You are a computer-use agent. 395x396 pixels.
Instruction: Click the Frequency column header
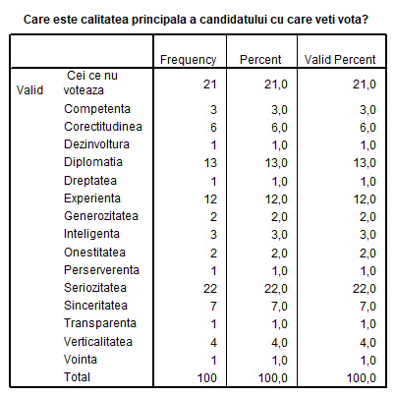188,60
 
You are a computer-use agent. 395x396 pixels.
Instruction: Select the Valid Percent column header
340,60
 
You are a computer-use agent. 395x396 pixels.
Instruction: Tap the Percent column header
260,60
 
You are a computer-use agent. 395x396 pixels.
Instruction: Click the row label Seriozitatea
95,288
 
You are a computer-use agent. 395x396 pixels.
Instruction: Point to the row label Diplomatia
93,162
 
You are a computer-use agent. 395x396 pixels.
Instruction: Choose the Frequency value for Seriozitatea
210,289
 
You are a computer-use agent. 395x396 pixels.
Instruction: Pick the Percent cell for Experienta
276,199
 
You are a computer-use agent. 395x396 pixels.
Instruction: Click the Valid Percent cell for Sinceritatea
367,307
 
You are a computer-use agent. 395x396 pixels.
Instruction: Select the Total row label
77,377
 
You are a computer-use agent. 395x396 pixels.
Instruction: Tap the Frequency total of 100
207,378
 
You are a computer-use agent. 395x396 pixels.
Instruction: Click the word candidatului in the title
234,20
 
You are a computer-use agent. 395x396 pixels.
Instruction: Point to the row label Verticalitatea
98,342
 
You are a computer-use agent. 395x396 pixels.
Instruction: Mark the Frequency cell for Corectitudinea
213,128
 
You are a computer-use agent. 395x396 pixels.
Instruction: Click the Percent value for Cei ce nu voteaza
276,85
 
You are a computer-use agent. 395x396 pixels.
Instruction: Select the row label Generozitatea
101,216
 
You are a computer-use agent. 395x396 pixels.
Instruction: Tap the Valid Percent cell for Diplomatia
365,163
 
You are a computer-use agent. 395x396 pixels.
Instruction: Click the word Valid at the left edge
29,90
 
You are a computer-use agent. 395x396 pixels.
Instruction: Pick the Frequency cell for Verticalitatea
213,343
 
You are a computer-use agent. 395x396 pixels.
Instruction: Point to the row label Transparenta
100,323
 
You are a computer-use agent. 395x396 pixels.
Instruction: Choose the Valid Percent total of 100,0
362,378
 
